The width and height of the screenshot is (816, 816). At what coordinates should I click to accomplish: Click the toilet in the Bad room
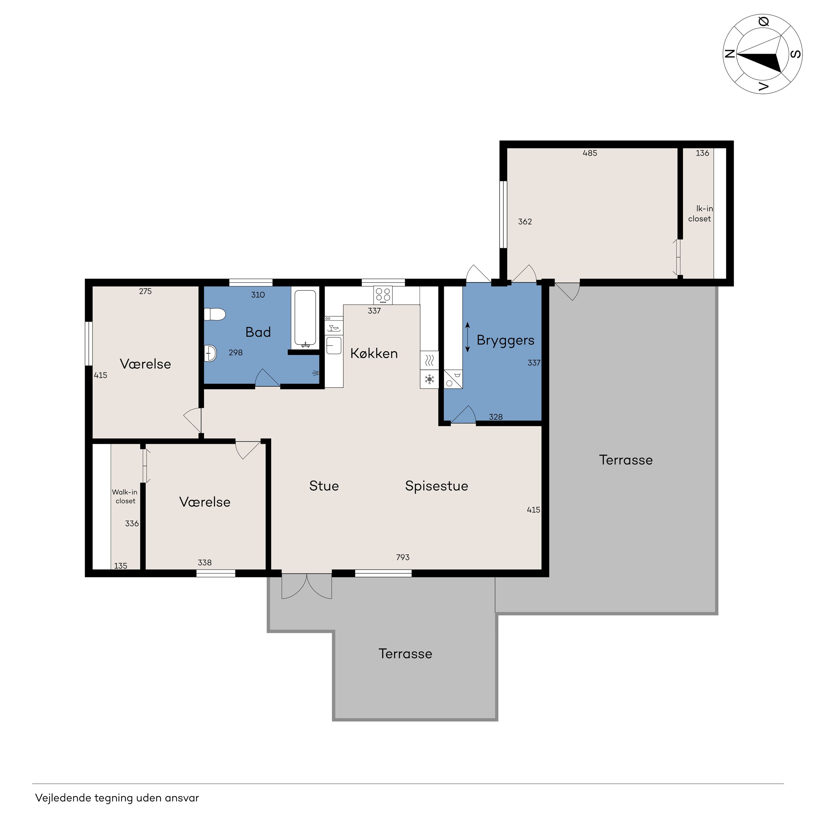point(215,314)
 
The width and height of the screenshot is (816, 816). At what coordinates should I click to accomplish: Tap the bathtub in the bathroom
point(305,318)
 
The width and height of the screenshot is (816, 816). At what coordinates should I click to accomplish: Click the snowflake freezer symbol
point(429,379)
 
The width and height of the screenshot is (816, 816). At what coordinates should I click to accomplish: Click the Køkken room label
point(374,353)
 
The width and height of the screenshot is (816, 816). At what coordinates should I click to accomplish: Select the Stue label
point(324,486)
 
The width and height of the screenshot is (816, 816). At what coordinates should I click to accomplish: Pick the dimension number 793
point(403,557)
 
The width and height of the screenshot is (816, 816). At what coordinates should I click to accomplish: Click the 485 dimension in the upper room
point(590,153)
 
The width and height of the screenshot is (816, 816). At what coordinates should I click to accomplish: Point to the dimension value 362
point(525,221)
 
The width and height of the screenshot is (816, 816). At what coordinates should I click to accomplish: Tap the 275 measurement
point(145,291)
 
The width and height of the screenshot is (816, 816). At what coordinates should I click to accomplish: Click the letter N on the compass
point(729,54)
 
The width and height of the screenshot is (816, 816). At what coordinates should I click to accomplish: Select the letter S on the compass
point(796,54)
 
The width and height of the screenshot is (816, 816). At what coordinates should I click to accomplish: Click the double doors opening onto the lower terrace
point(307,586)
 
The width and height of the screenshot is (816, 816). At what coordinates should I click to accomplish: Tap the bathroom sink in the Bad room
point(210,353)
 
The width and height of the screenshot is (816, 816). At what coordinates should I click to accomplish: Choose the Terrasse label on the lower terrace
point(405,654)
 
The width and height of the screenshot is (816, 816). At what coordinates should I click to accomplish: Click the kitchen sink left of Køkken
point(334,345)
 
